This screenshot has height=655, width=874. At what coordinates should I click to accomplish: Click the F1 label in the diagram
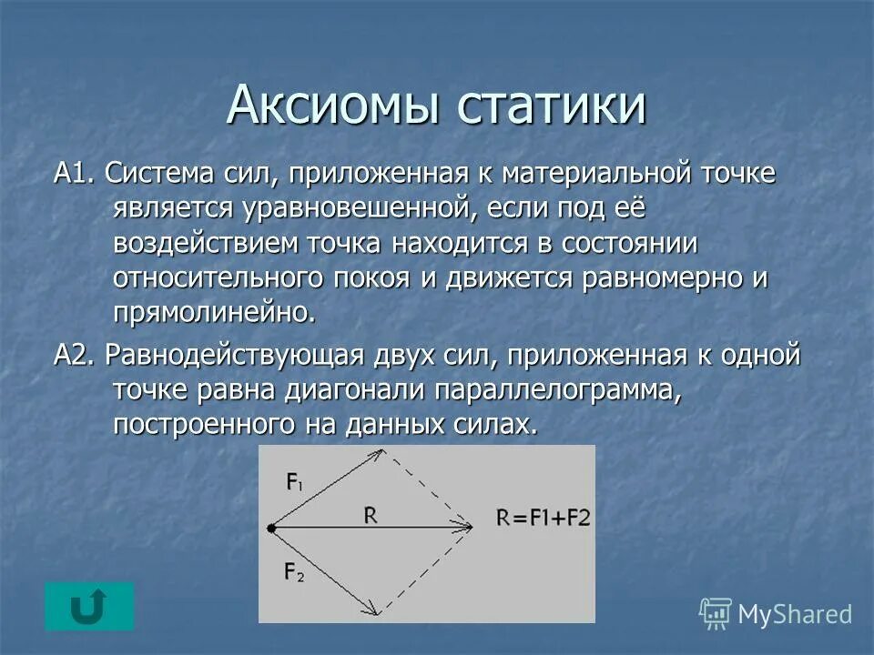[296, 483]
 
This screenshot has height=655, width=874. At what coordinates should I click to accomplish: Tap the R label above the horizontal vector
[371, 515]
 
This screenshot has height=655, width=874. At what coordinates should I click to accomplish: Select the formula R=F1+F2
[544, 519]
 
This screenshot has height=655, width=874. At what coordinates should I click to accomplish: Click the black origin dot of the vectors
[270, 527]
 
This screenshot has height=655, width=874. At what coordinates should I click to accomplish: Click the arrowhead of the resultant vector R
[467, 527]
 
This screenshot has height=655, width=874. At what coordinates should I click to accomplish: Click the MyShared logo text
[793, 614]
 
